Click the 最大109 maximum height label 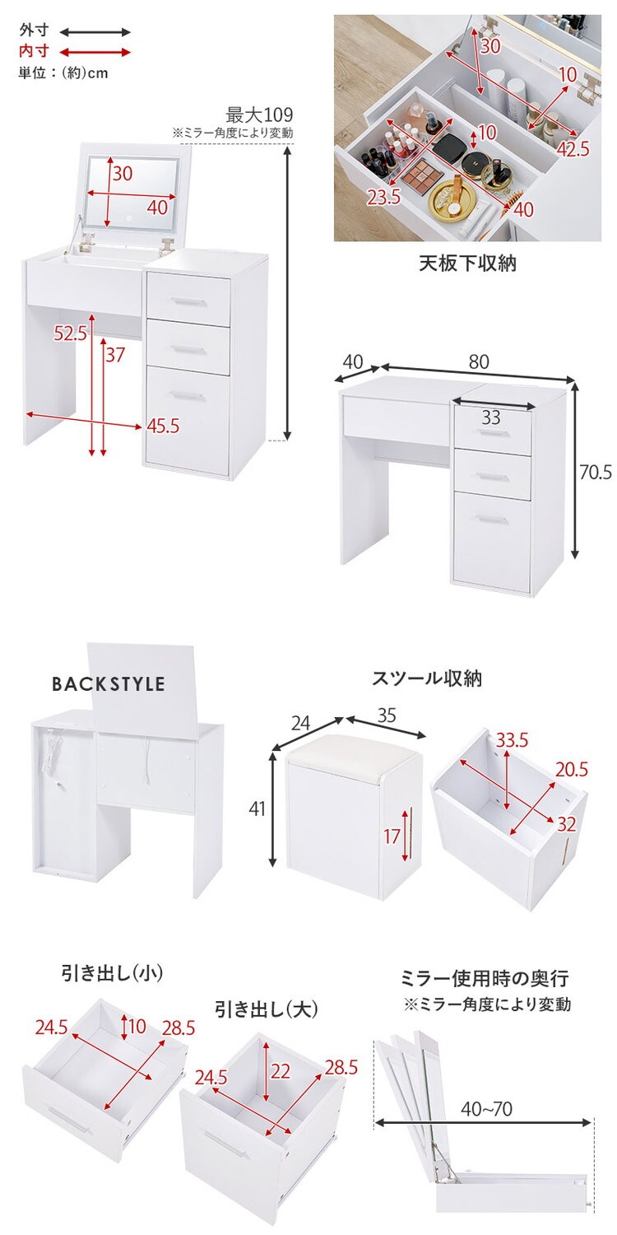259,115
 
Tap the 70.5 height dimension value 596,472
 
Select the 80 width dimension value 479,361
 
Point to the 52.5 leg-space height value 71,333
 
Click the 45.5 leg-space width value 163,426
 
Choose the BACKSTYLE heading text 109,684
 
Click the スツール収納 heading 427,678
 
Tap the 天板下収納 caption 468,263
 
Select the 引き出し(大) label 267,1009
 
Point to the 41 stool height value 257,809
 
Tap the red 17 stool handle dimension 392,837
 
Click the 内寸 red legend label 35,51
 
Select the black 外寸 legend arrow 95,31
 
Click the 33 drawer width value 490,417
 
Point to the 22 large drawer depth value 280,1070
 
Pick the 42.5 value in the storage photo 573,148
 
